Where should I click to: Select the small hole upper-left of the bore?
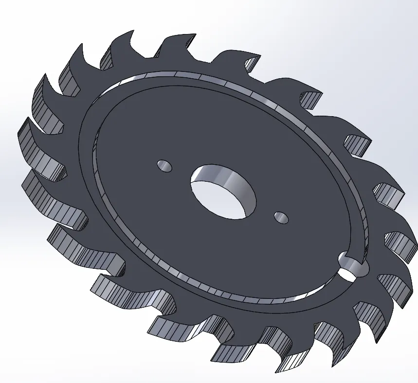(164, 166)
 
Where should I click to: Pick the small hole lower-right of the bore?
(281, 217)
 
